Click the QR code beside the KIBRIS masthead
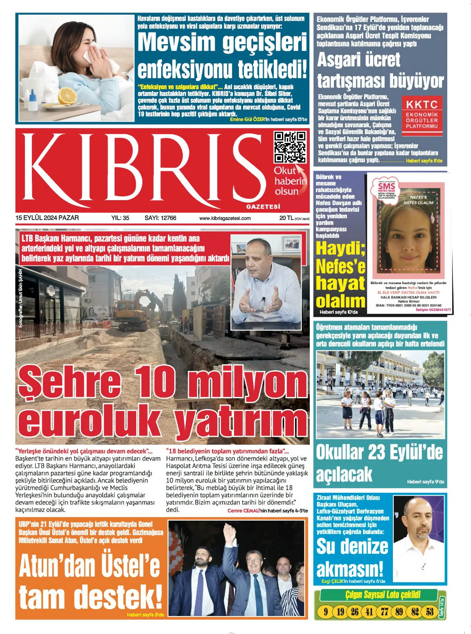tap(290, 147)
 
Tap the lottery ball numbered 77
tap(384, 612)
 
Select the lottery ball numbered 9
tap(326, 612)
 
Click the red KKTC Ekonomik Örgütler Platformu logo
tap(421, 115)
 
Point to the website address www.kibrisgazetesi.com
tap(225, 218)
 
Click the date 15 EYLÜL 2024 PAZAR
tap(47, 218)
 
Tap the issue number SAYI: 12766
tap(160, 218)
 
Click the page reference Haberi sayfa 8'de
tap(145, 614)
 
